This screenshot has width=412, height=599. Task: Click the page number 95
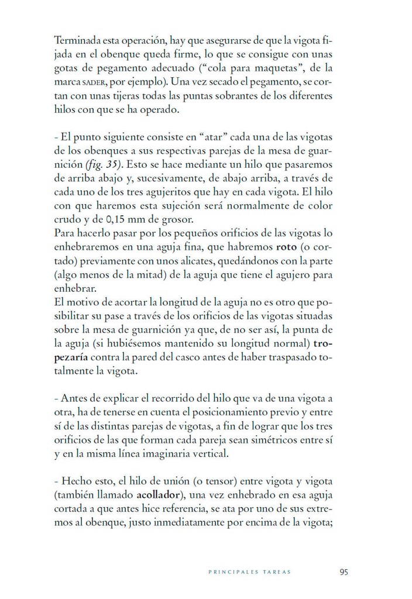click(x=344, y=572)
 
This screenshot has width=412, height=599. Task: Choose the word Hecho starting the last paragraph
click(x=74, y=481)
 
